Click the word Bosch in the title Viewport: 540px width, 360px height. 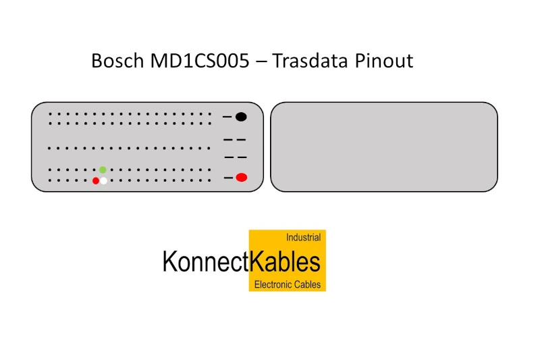pyautogui.click(x=117, y=61)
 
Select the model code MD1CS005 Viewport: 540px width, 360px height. pyautogui.click(x=200, y=61)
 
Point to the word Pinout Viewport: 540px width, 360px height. pyautogui.click(x=384, y=61)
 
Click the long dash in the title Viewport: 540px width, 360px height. pyautogui.click(x=261, y=62)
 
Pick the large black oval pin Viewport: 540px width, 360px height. pyautogui.click(x=241, y=117)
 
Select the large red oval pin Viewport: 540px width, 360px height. pyautogui.click(x=242, y=178)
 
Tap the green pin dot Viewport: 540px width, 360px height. pyautogui.click(x=103, y=170)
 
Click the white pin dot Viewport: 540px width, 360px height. pyautogui.click(x=103, y=180)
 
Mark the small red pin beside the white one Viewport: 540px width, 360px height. pyautogui.click(x=96, y=180)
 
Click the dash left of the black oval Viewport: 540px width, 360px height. pyautogui.click(x=227, y=117)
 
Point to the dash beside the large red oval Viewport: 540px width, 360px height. pyautogui.click(x=228, y=178)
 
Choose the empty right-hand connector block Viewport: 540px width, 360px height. pyautogui.click(x=384, y=147)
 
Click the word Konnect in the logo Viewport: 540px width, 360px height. pyautogui.click(x=205, y=262)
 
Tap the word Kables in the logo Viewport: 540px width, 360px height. pyautogui.click(x=285, y=262)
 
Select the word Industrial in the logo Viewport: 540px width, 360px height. pyautogui.click(x=303, y=237)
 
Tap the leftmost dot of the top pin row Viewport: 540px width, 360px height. pyautogui.click(x=50, y=113)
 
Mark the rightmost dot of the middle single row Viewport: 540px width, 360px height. pyautogui.click(x=209, y=149)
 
